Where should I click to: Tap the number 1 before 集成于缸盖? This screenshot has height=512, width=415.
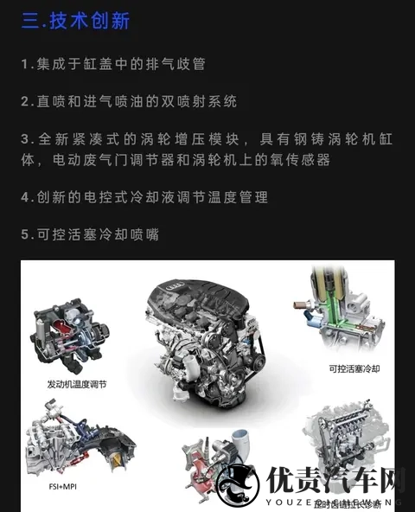pyautogui.click(x=26, y=65)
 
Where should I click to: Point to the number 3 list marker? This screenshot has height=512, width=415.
pyautogui.click(x=26, y=138)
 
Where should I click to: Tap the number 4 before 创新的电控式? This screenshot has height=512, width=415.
pyautogui.click(x=26, y=198)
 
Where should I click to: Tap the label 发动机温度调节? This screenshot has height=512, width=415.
pyautogui.click(x=76, y=383)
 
